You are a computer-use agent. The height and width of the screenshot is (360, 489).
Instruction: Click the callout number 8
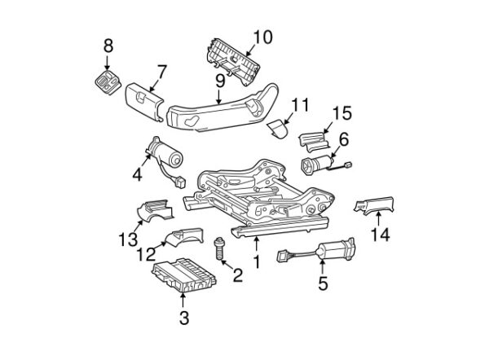108,46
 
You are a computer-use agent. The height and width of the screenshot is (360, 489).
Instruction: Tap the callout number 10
262,37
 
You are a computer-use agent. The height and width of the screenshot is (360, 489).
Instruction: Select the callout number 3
184,318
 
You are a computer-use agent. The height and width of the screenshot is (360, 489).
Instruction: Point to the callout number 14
380,235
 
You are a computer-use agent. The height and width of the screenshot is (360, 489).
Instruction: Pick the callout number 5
323,283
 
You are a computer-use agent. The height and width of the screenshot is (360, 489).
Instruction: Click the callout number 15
342,113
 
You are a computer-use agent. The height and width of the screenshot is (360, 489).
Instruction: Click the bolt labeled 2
219,248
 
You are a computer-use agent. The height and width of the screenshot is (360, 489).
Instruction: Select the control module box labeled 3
184,275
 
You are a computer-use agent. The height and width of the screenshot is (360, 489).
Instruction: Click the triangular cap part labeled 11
277,129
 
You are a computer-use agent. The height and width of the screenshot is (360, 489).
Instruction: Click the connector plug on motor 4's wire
181,182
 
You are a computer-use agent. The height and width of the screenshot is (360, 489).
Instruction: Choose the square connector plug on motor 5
283,257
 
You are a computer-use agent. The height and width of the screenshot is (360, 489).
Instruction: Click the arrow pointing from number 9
219,97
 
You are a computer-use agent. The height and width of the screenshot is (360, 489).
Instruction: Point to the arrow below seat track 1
257,244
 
